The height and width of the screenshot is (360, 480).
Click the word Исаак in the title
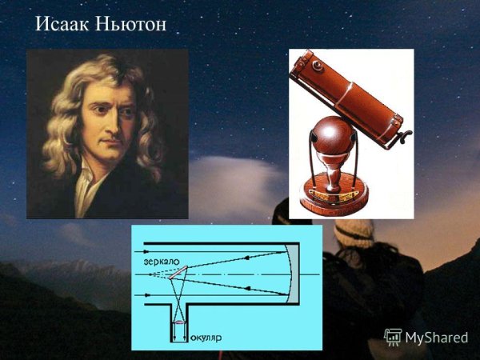63,25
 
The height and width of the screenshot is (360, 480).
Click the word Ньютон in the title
130,25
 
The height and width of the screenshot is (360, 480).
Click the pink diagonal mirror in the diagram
176,274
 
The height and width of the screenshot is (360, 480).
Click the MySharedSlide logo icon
392,337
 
